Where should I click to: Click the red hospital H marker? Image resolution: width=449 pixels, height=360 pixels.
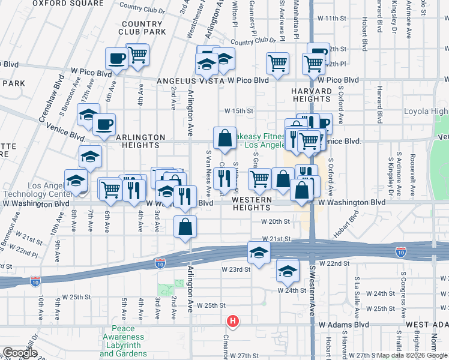tap(232, 322)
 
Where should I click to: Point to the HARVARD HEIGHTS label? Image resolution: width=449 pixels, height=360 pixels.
tap(312, 95)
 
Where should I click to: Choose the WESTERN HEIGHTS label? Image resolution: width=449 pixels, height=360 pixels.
tap(252, 203)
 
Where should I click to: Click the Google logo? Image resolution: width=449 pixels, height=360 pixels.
tap(20, 352)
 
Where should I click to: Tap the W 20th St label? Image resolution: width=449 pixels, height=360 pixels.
tap(276, 221)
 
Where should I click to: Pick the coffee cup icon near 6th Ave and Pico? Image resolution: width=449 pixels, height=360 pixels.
tap(116, 59)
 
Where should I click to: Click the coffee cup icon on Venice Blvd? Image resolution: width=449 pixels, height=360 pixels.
tap(104, 125)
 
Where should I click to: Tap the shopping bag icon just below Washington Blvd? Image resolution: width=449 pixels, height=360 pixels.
tap(185, 227)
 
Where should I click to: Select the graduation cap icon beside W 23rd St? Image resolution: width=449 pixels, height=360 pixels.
tap(259, 252)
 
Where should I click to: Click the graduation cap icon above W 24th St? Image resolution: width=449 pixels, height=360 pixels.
tap(288, 271)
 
